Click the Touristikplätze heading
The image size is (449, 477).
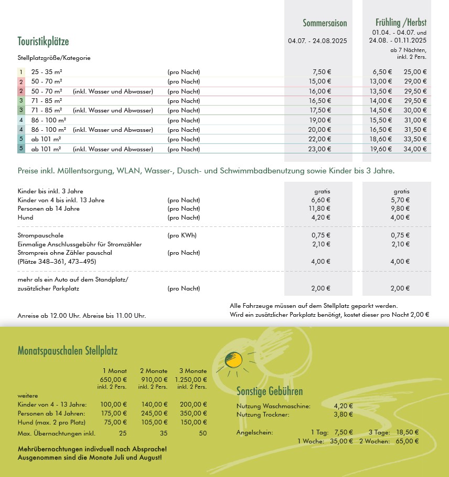(43, 42)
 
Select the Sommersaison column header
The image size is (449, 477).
(325, 23)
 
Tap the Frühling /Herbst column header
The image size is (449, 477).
(401, 23)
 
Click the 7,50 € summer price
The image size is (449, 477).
(322, 72)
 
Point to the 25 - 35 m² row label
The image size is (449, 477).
(47, 72)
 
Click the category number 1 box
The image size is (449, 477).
(21, 72)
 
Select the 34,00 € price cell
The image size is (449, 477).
(415, 149)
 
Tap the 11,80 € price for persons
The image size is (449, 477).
(321, 209)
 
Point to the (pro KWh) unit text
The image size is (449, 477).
(181, 235)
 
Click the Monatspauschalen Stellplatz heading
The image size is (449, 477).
(68, 351)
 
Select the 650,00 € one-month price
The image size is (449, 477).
(113, 379)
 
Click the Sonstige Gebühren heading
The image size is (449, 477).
(270, 391)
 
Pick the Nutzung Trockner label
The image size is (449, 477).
(263, 414)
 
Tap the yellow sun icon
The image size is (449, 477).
(233, 360)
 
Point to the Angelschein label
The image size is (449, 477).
(254, 432)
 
